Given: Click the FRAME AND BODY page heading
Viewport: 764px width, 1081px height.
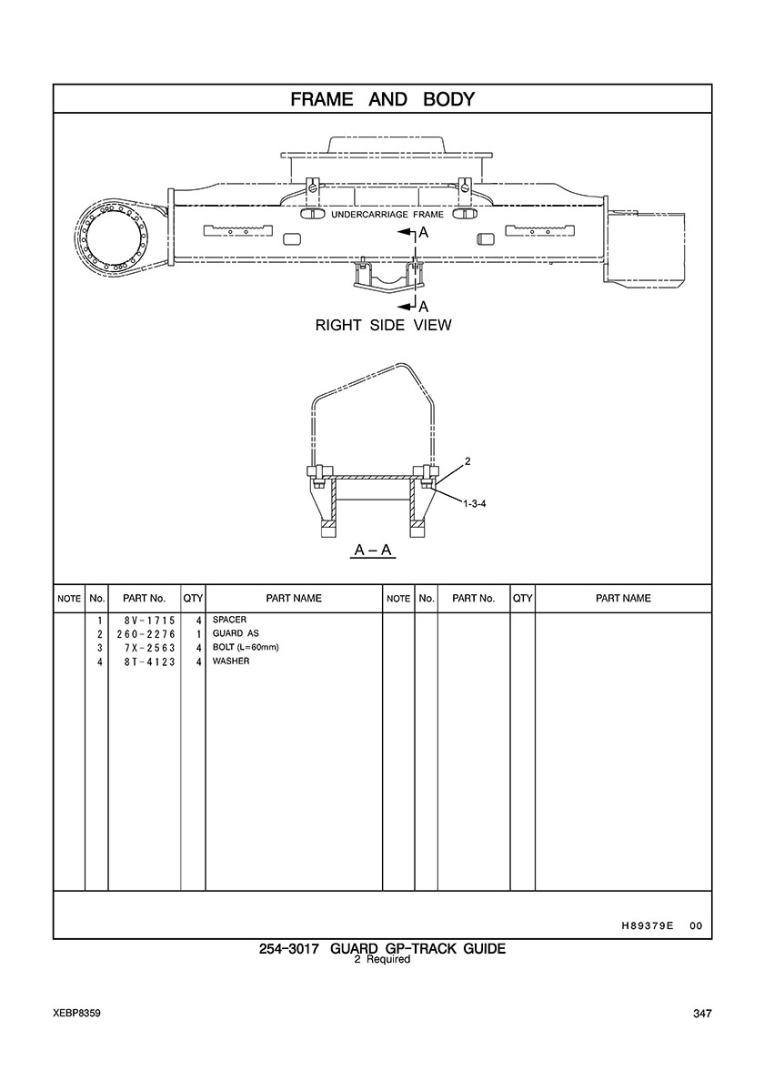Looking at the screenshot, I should click(382, 99).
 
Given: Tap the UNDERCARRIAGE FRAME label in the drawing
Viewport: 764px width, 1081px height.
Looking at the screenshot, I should click(387, 216).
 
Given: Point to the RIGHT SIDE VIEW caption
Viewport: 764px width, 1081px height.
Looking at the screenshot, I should click(382, 325).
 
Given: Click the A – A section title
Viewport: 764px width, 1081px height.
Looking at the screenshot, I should click(373, 551).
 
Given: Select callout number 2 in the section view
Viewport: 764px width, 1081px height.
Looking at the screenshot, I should click(467, 463).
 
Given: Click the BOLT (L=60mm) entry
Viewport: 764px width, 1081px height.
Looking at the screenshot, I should click(245, 647).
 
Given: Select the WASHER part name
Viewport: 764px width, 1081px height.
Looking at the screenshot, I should click(231, 662).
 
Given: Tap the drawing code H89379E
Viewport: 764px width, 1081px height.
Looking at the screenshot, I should click(641, 925).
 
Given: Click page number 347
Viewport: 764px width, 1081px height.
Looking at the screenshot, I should click(700, 1015).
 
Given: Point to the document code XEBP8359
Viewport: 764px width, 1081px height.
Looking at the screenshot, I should click(76, 1014).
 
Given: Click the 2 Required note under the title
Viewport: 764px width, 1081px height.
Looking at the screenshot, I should click(382, 960).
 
